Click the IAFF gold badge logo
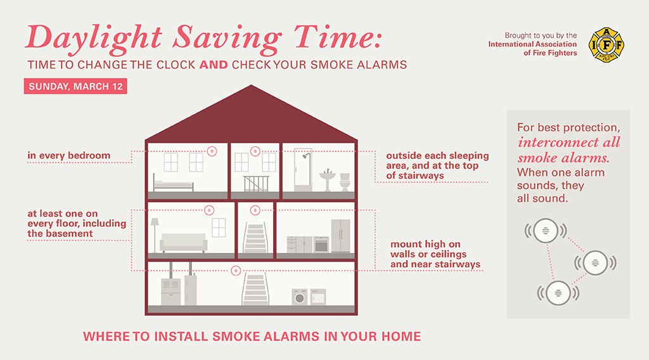(x=602, y=44)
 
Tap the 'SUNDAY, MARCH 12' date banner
(x=75, y=86)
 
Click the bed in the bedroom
(x=173, y=185)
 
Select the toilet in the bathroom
(x=345, y=181)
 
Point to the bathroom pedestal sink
(x=327, y=177)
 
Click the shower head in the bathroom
(x=305, y=155)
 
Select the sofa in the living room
(x=183, y=243)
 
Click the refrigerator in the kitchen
(x=340, y=236)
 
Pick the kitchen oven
(x=321, y=244)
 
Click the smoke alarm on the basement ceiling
(x=236, y=271)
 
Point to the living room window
(x=219, y=227)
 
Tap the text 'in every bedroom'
(x=68, y=155)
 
